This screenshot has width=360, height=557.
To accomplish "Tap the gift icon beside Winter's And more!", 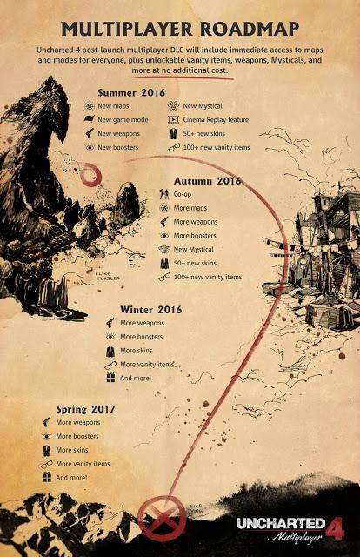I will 110,378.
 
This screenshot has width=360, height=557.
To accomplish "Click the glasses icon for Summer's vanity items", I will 174,148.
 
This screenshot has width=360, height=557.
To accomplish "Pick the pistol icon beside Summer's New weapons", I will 89,133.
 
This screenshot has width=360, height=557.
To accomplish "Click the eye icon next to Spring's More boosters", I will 46,435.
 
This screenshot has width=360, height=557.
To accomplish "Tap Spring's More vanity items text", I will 83,464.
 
